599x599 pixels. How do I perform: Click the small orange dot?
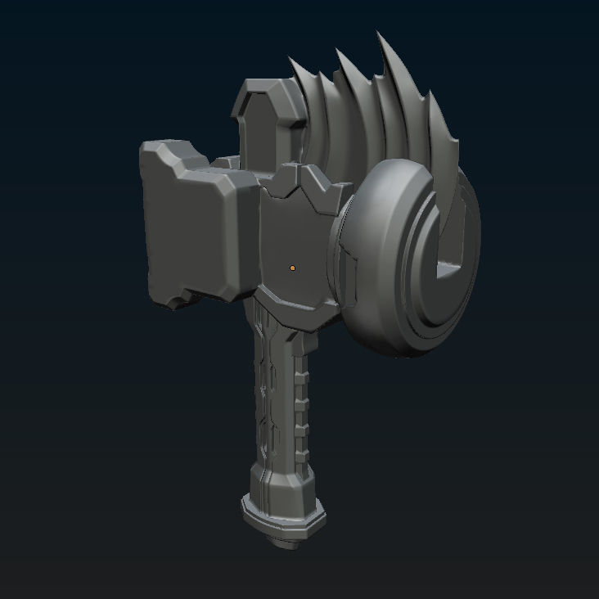click(x=292, y=267)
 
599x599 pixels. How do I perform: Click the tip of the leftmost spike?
click(x=290, y=58)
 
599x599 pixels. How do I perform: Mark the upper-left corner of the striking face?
click(x=146, y=148)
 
